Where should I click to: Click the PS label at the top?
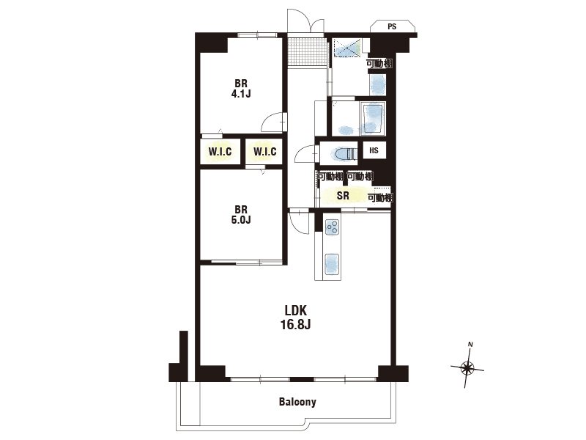pyautogui.click(x=392, y=26)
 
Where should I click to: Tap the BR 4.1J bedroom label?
pyautogui.click(x=241, y=88)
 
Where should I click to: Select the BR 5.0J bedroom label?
pyautogui.click(x=241, y=214)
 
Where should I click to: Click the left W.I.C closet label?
pyautogui.click(x=220, y=152)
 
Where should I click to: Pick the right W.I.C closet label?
pyautogui.click(x=265, y=152)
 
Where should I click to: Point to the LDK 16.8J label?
pyautogui.click(x=296, y=318)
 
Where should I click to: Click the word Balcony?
pyautogui.click(x=297, y=402)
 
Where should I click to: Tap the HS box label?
pyautogui.click(x=374, y=150)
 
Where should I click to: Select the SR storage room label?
pyautogui.click(x=343, y=195)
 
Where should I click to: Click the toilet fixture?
pyautogui.click(x=344, y=154)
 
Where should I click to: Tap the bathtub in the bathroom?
pyautogui.click(x=373, y=119)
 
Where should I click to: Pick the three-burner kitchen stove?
pyautogui.click(x=333, y=227)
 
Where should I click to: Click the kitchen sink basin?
pyautogui.click(x=332, y=264)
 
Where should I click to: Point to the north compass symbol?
pyautogui.click(x=467, y=368)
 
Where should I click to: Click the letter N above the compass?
pyautogui.click(x=471, y=345)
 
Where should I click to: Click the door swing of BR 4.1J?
pyautogui.click(x=273, y=122)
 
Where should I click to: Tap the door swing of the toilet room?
pyautogui.click(x=305, y=154)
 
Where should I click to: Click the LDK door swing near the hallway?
pyautogui.click(x=300, y=223)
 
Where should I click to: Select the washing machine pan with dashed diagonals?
pyautogui.click(x=347, y=48)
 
